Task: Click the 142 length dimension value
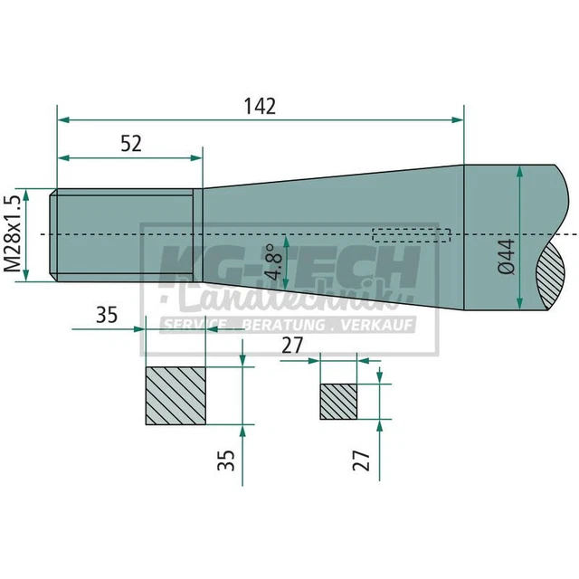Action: coord(261,105)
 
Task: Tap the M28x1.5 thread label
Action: coord(12,233)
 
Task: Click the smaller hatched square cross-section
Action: coord(339,401)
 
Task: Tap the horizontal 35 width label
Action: coord(106,316)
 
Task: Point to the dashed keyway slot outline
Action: coord(411,235)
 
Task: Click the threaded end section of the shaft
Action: coord(125,233)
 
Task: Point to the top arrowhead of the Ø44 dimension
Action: coord(519,174)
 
